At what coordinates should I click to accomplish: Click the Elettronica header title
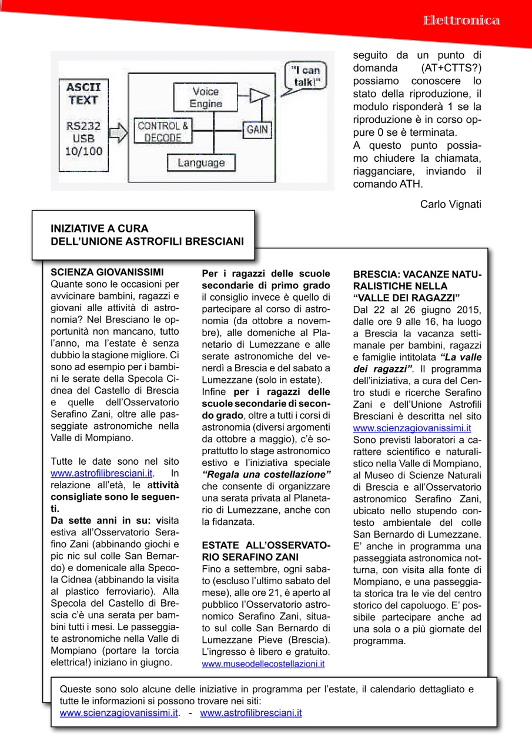coord(461,21)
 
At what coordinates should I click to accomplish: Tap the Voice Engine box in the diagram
coord(205,98)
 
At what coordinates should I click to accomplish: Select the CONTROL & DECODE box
coord(162,132)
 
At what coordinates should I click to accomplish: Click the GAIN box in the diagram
coord(257,129)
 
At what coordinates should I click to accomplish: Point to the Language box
coord(201,162)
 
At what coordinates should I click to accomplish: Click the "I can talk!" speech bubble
coord(306,76)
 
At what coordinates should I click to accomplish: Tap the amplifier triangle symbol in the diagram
coord(255,95)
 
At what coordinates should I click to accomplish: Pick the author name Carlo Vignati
coord(451,204)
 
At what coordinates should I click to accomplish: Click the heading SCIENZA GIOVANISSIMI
coord(107,272)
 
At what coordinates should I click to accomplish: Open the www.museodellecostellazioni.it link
coord(263,664)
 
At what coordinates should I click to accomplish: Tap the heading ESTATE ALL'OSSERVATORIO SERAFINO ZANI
coord(266,551)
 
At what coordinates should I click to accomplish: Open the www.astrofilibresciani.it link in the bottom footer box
coord(251,713)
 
